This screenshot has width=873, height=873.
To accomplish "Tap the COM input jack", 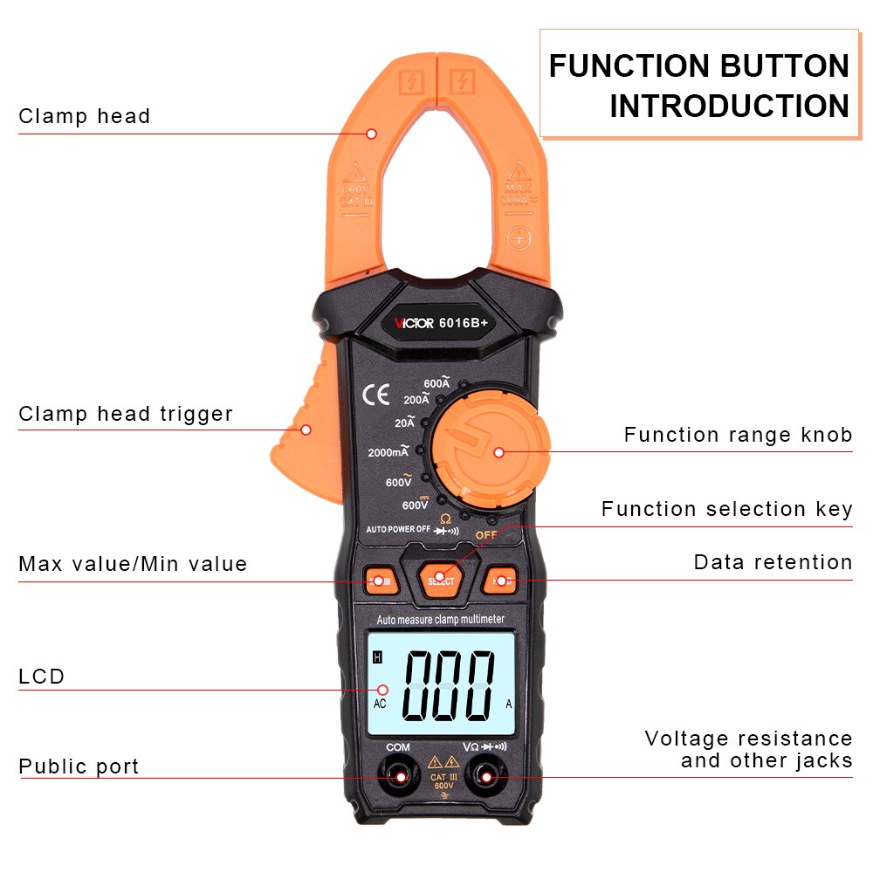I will [400, 776].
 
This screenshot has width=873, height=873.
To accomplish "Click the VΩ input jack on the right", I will [485, 776].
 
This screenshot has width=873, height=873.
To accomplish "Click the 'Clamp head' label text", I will [85, 116].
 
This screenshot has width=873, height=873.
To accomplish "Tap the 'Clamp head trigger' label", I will [126, 414].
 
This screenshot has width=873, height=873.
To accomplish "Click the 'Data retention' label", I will [773, 562].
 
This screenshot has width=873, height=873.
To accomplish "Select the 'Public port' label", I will [79, 766].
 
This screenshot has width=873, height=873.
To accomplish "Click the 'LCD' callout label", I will [42, 677].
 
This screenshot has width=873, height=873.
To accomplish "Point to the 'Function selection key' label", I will [726, 509].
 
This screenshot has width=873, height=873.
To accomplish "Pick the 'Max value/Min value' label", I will [133, 564].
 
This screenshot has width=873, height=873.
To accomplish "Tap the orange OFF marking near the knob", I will [485, 534].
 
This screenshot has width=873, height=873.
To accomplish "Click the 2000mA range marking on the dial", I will [388, 452].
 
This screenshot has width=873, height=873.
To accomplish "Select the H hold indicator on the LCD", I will [378, 657].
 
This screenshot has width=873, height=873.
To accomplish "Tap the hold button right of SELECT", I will [499, 581].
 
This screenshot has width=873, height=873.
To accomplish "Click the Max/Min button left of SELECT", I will [382, 580].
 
